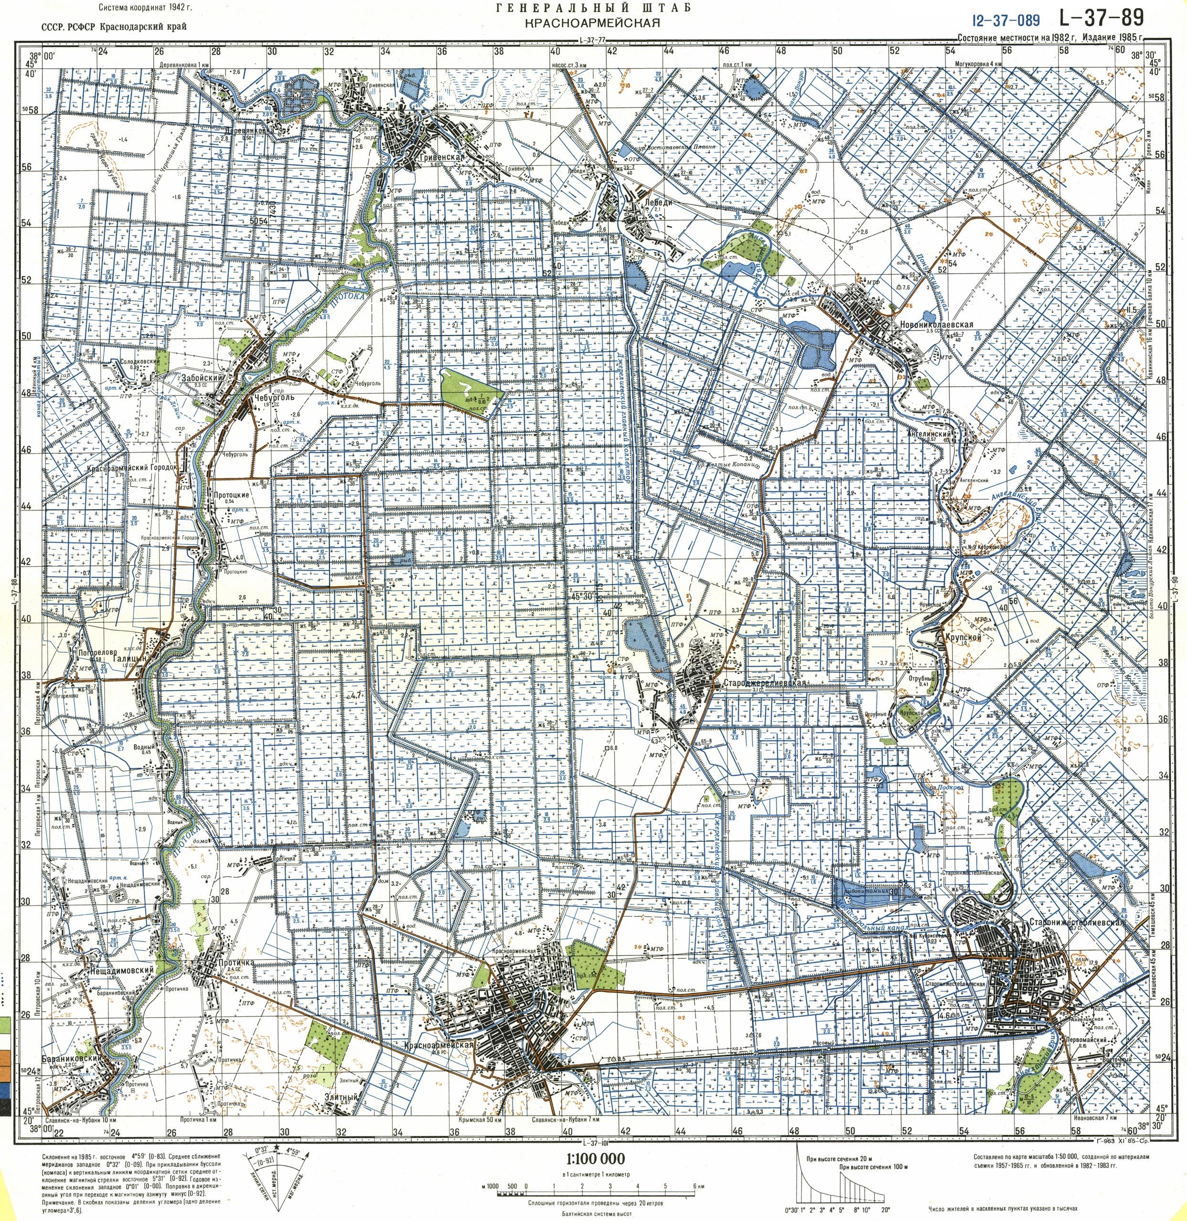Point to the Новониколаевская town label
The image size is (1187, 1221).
point(932,325)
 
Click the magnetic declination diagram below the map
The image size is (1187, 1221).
point(274,1171)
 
